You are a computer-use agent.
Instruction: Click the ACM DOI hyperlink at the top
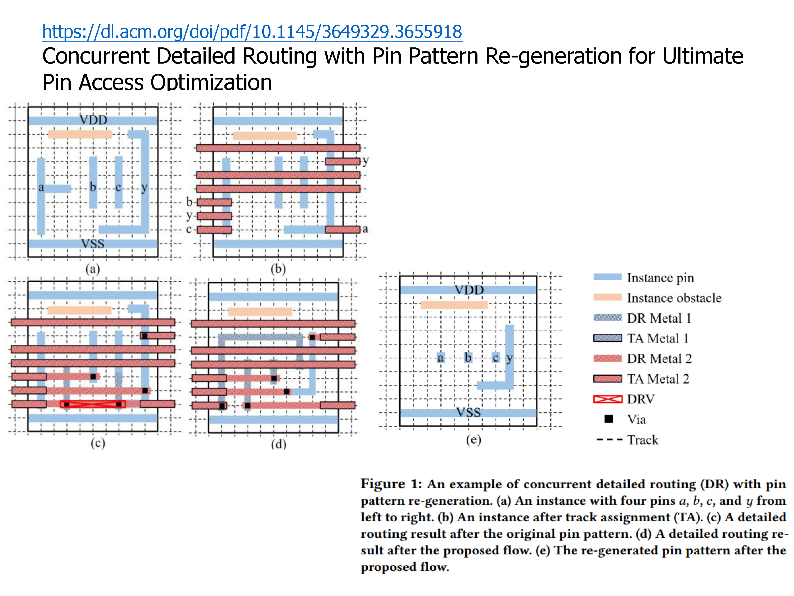pos(252,32)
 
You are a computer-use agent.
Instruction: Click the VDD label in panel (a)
pos(93,120)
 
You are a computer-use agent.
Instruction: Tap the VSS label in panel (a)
pos(93,244)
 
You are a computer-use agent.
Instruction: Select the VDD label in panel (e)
pos(469,290)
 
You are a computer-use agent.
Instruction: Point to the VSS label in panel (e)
pos(468,412)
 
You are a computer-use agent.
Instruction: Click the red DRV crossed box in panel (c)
pos(93,404)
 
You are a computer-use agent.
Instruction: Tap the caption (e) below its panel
pos(473,439)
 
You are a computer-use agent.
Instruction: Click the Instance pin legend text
pos(660,278)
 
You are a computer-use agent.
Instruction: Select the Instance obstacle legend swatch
pos(607,297)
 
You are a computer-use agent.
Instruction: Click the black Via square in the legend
pos(608,419)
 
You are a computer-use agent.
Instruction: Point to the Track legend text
pos(643,440)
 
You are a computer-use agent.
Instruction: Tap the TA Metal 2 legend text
pos(658,379)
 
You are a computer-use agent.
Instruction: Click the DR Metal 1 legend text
pos(659,318)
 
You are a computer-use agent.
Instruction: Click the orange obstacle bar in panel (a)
pos(80,134)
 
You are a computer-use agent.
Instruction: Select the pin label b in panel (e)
pos(468,357)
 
